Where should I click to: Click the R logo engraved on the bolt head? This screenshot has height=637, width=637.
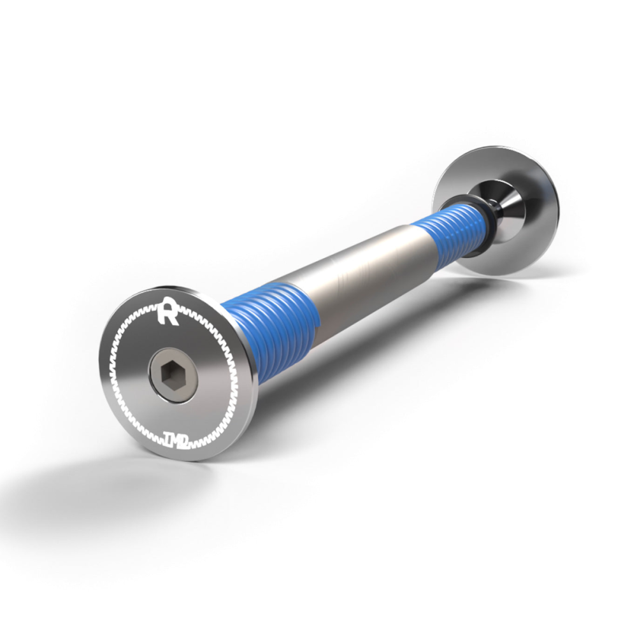169,310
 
